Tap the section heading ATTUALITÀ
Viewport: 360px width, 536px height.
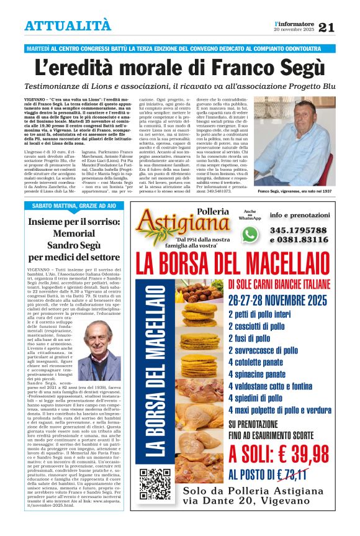pyautogui.click(x=68, y=26)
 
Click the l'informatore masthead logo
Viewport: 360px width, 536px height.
pyautogui.click(x=294, y=23)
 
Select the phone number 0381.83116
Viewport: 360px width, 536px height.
pyautogui.click(x=299, y=240)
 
